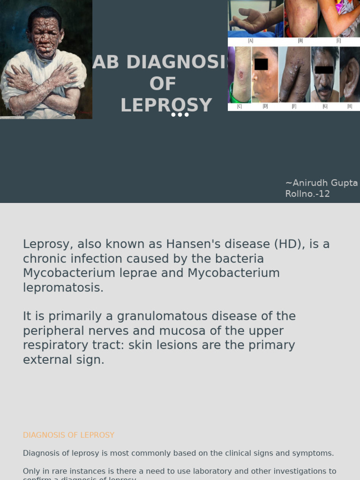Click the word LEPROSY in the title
point(166,105)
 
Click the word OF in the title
point(163,84)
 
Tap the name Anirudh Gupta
point(321,183)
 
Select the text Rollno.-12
point(307,194)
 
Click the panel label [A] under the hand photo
point(251,41)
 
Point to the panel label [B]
point(300,41)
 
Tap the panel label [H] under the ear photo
point(350,106)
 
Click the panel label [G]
point(325,106)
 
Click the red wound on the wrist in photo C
point(241,75)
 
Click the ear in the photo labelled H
point(350,77)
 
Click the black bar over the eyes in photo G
point(324,70)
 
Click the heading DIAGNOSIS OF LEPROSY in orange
point(68,435)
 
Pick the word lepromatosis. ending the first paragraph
point(63,288)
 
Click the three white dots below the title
point(180,115)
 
